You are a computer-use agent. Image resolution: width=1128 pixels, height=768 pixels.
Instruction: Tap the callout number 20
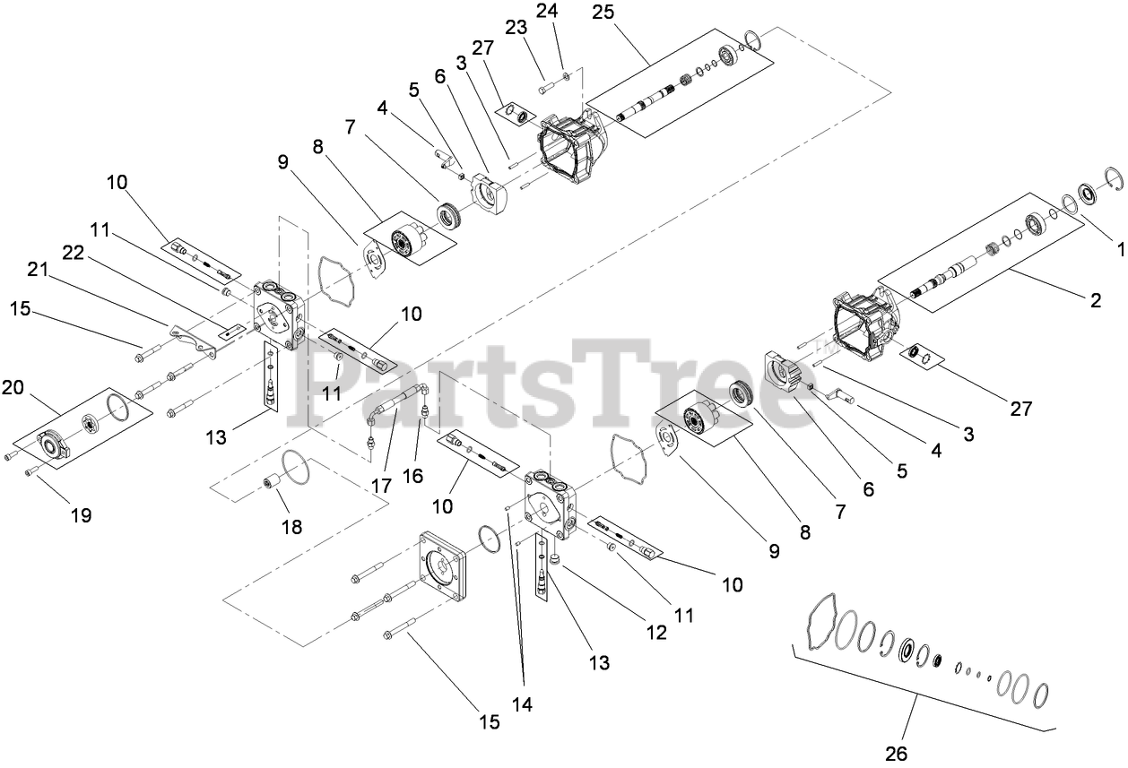tap(13, 386)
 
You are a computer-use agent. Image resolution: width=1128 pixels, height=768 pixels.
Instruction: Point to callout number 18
tap(292, 527)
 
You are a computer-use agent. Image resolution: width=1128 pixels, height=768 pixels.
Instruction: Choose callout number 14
tap(521, 704)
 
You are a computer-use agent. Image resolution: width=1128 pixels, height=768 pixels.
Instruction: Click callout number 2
tap(1095, 301)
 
